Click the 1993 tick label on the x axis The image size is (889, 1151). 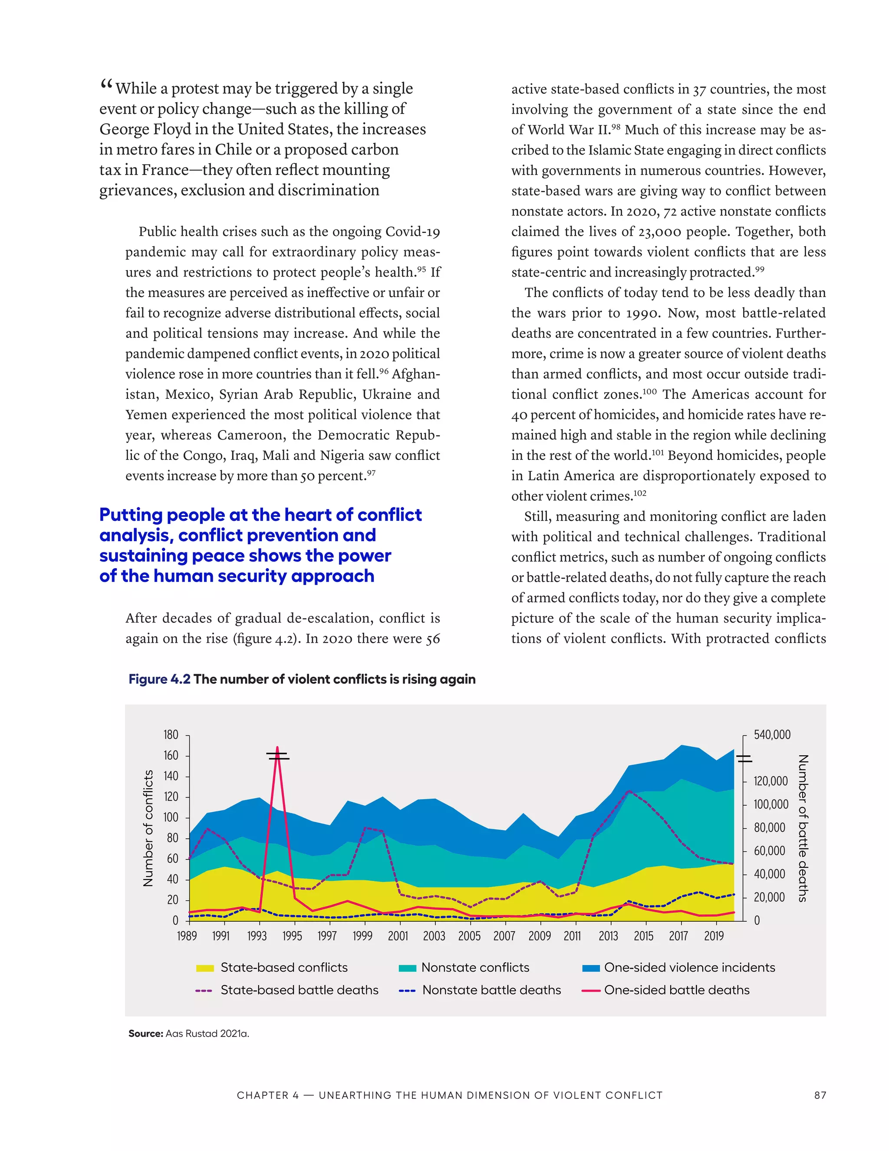257,936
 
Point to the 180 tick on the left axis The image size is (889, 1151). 171,734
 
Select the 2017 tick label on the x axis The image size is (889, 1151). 678,936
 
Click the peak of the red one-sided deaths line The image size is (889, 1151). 277,748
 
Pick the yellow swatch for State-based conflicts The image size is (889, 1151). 205,968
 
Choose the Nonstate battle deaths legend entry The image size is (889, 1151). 491,990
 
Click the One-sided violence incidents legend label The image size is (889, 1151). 689,968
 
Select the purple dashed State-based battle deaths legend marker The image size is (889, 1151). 204,991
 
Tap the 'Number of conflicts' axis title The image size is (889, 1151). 148,828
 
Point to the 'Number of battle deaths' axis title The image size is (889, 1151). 803,828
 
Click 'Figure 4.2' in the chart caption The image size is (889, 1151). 159,679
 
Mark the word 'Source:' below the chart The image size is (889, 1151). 145,1033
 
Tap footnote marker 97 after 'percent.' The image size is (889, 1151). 371,473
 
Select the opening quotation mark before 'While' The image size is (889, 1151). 106,84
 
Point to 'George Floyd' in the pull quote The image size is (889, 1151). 151,129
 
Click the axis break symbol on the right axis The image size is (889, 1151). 744,759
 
